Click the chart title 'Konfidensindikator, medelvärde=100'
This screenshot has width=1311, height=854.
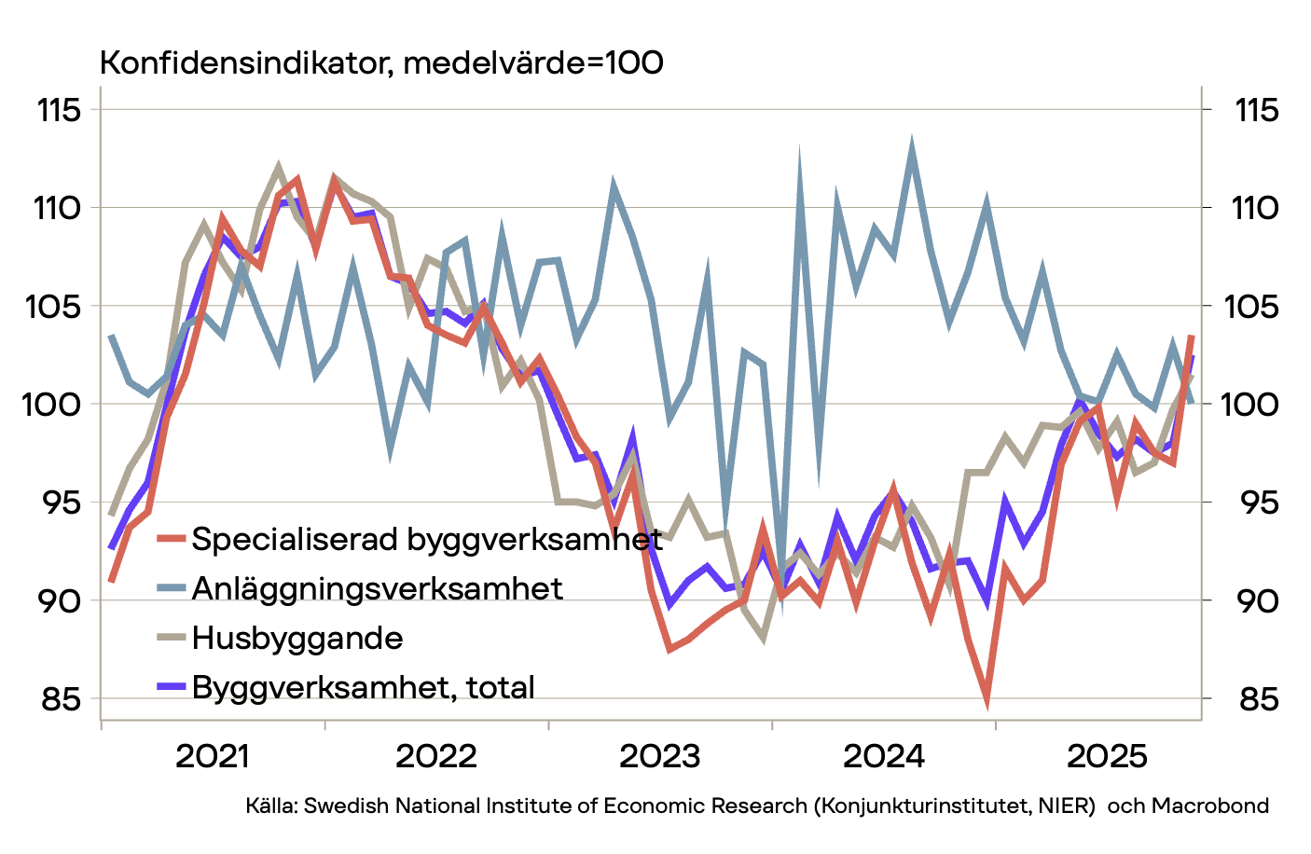(x=381, y=63)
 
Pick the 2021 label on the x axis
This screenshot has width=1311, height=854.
(x=213, y=756)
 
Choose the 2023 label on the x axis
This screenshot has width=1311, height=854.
(x=660, y=756)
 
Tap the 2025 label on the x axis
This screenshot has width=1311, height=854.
(x=1108, y=756)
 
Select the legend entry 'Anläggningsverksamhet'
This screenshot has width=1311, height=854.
(x=377, y=588)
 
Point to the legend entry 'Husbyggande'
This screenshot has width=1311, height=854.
(x=297, y=638)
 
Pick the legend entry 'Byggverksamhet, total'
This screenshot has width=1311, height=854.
(x=363, y=687)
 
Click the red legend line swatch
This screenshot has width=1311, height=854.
(x=171, y=539)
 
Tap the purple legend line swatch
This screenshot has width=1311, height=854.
(x=171, y=687)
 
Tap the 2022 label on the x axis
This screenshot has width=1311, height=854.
(x=436, y=756)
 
